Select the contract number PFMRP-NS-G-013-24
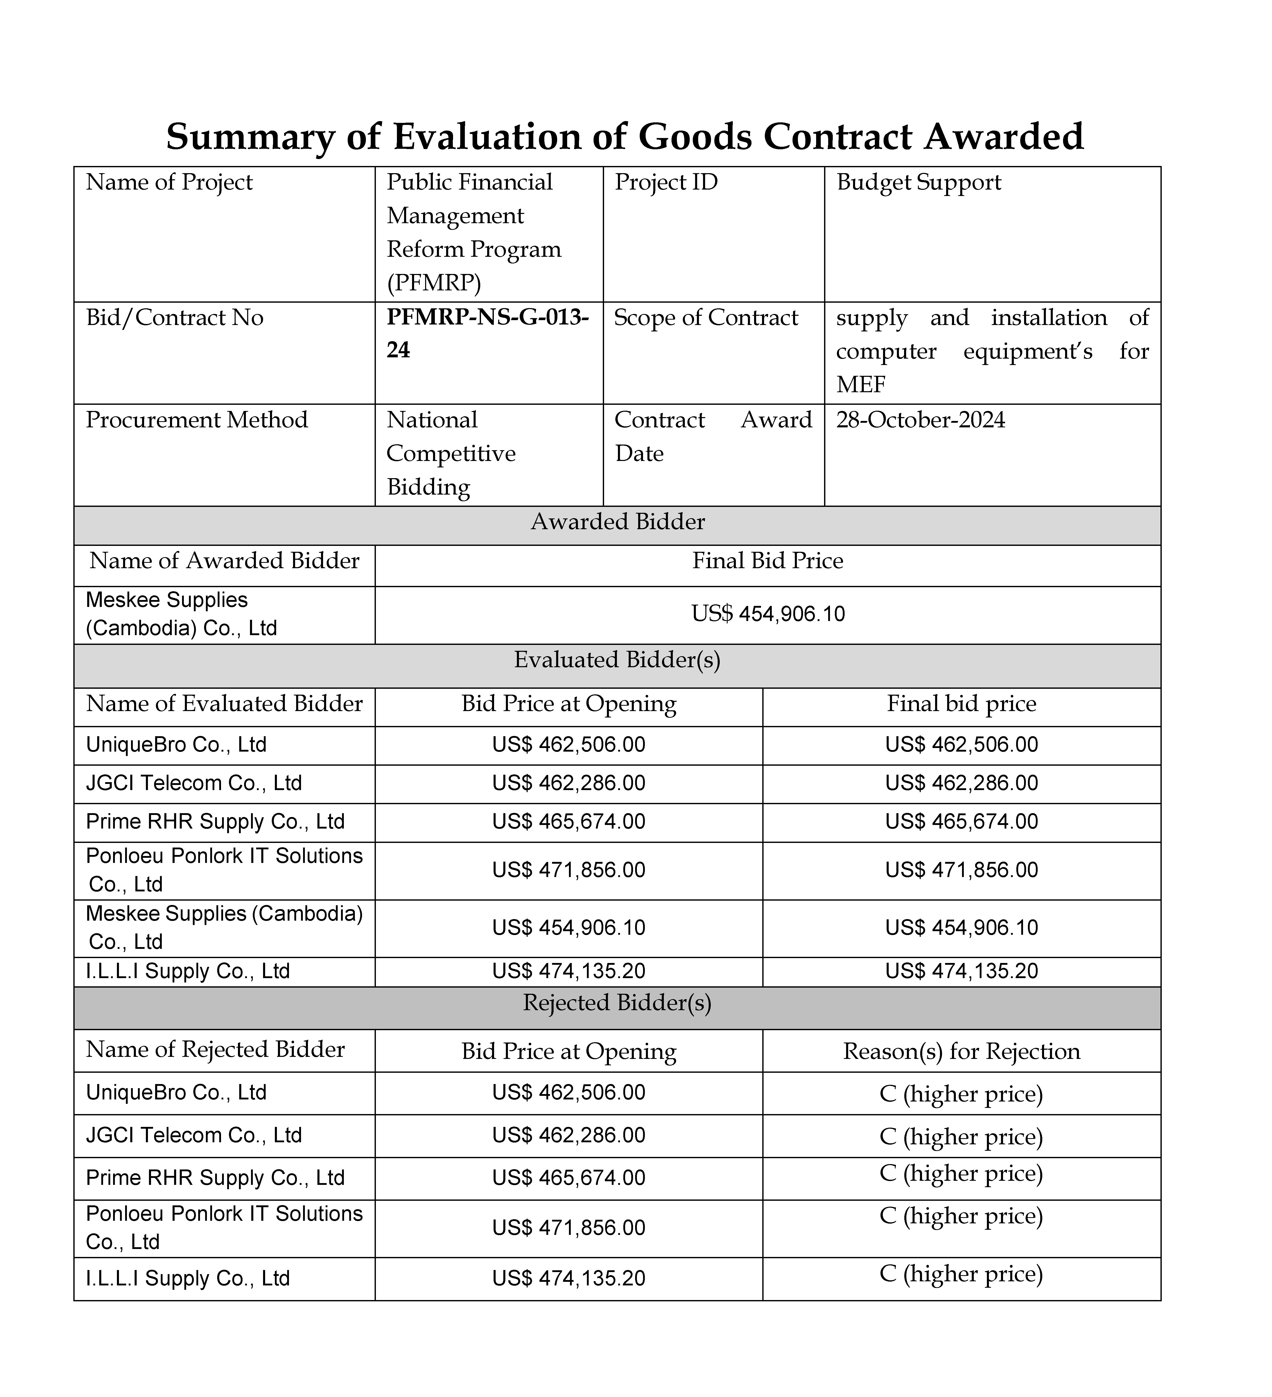(x=487, y=333)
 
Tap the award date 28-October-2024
(x=920, y=420)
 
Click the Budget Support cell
(x=919, y=182)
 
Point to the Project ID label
(x=666, y=182)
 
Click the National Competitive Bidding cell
(x=451, y=453)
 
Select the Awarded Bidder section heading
(x=617, y=522)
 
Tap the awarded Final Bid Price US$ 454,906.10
(x=768, y=614)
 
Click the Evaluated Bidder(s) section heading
(x=617, y=660)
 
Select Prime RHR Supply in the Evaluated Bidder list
(x=215, y=822)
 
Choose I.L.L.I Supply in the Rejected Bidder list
(x=188, y=1278)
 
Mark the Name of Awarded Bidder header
(x=224, y=560)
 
